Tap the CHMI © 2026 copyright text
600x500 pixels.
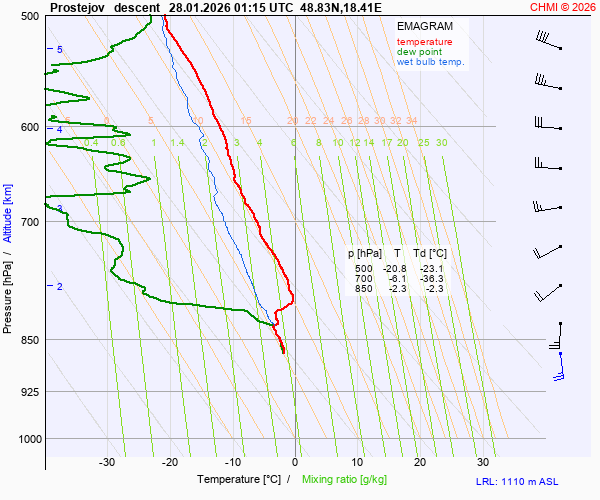coord(563,7)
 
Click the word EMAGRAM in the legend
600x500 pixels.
coord(424,26)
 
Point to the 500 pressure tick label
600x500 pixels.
coord(29,16)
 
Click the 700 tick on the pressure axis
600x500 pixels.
coord(29,221)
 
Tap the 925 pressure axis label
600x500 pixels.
coord(29,391)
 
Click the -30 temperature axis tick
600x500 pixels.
coord(107,462)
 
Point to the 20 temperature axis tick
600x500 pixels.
coord(420,462)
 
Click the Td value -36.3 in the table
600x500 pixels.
coord(433,279)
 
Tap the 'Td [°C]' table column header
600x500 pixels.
coord(431,254)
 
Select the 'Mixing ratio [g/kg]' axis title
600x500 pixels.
coord(349,480)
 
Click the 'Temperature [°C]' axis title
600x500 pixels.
coord(239,480)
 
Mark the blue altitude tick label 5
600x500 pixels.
coord(60,49)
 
